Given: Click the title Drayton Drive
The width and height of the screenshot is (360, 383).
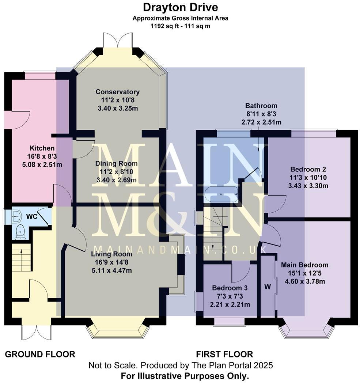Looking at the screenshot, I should (x=180, y=7).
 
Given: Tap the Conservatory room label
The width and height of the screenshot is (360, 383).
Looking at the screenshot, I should (x=117, y=92).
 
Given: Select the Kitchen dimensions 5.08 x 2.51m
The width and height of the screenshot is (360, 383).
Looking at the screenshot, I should (x=42, y=164).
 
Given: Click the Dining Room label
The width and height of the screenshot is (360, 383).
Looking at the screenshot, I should (x=117, y=163).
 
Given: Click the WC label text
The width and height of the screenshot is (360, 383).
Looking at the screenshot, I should (x=33, y=216).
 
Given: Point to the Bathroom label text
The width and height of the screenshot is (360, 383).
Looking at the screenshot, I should (x=261, y=106).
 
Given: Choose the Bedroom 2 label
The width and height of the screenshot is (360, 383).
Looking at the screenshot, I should (x=308, y=169).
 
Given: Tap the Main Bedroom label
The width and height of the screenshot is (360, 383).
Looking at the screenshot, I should (x=304, y=265).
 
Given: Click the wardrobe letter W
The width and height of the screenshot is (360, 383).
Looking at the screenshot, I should (x=268, y=287).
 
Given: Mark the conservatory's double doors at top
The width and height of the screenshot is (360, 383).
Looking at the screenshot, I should (x=117, y=40).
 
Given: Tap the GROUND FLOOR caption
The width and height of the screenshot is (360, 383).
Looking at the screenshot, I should (x=40, y=354).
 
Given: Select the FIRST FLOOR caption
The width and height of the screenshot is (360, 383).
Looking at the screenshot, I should (x=224, y=354).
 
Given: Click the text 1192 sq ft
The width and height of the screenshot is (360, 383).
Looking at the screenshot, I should (x=163, y=26).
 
